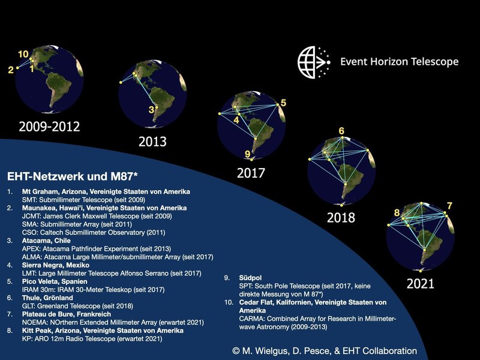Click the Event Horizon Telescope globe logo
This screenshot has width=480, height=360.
(x=314, y=62)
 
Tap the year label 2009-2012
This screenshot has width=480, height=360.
(x=49, y=127)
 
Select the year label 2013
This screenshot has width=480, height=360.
(x=152, y=142)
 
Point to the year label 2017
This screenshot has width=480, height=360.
(x=251, y=173)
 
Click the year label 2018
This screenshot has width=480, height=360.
(x=341, y=218)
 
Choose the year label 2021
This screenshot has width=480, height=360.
(x=421, y=284)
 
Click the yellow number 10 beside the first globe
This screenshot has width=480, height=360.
(x=23, y=54)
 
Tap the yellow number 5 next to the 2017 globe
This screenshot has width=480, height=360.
(x=283, y=103)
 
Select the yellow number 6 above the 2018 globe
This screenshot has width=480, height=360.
(x=341, y=131)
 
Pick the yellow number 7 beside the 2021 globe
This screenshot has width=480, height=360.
(x=449, y=206)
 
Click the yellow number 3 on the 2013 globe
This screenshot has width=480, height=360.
(x=151, y=110)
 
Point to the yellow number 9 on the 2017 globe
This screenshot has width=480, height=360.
(x=247, y=154)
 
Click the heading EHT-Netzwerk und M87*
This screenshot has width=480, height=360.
(x=72, y=176)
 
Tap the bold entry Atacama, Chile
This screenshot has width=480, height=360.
(x=46, y=241)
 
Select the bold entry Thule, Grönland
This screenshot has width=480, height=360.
(x=47, y=298)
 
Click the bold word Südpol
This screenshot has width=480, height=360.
(x=250, y=278)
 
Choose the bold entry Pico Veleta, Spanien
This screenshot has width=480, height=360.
(x=55, y=281)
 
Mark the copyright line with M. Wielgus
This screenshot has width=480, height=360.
(x=325, y=351)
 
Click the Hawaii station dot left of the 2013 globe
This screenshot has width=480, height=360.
(x=121, y=82)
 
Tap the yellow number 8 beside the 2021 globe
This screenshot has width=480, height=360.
(x=397, y=212)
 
